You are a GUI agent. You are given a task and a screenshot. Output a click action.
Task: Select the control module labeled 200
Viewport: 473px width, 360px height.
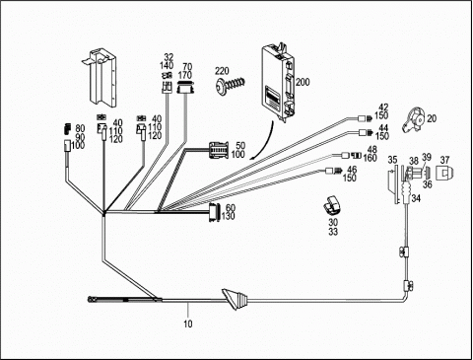tap(278, 82)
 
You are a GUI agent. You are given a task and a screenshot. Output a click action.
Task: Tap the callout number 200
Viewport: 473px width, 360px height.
tap(303, 82)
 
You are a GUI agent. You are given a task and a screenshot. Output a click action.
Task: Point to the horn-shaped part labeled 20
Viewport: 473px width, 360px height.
tap(414, 119)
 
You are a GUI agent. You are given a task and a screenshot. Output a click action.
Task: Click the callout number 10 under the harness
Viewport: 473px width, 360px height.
tap(187, 324)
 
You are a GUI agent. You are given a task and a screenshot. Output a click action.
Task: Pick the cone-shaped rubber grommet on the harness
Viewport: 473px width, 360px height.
tap(236, 300)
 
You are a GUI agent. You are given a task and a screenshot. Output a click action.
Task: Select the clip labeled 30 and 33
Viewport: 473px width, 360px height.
tap(333, 205)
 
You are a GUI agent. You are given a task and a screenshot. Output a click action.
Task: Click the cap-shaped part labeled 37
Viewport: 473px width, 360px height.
tap(444, 173)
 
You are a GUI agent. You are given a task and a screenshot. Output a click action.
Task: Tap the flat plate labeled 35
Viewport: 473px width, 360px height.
tap(393, 185)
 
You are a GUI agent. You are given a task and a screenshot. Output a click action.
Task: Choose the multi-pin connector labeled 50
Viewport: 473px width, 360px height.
tap(218, 150)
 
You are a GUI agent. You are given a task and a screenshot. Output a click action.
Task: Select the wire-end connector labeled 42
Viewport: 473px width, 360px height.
tap(365, 118)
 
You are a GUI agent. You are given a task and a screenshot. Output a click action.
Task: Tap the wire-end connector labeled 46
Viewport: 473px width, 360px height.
tap(332, 171)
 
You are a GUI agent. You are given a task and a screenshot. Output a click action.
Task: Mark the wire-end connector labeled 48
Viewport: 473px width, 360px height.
tap(351, 155)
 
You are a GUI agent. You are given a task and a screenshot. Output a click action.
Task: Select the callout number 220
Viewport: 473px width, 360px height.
tap(222, 71)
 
